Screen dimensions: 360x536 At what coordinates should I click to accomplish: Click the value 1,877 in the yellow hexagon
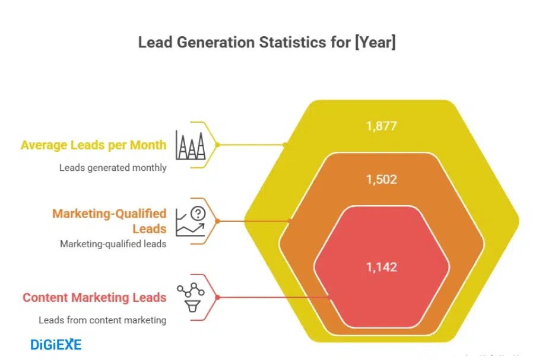click(x=381, y=126)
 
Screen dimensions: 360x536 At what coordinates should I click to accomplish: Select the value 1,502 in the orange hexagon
click(x=381, y=179)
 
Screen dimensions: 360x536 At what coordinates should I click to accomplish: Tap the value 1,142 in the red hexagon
click(x=381, y=267)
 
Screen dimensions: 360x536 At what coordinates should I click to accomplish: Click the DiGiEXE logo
click(x=56, y=345)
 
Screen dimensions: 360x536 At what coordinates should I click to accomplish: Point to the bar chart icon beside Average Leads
click(x=191, y=145)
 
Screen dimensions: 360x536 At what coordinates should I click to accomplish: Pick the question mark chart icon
click(x=191, y=221)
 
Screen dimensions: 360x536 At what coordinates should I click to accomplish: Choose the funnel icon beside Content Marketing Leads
click(x=191, y=297)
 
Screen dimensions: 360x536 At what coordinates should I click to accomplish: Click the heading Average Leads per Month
click(x=93, y=145)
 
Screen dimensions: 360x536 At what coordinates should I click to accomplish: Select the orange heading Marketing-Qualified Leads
click(x=109, y=221)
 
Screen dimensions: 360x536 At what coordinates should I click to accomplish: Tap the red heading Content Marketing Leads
click(x=94, y=298)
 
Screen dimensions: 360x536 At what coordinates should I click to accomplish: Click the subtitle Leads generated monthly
click(x=113, y=168)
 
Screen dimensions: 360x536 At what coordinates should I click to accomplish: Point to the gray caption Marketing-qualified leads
click(x=113, y=244)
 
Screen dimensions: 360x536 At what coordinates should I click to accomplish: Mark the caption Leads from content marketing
click(x=103, y=320)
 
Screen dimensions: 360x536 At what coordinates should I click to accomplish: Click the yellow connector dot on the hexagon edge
click(x=285, y=145)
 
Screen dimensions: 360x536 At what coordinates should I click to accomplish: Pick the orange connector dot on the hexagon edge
click(x=290, y=221)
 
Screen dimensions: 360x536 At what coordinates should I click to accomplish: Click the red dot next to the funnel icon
click(x=218, y=297)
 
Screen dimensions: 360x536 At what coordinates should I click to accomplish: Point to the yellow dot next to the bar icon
click(x=218, y=145)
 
